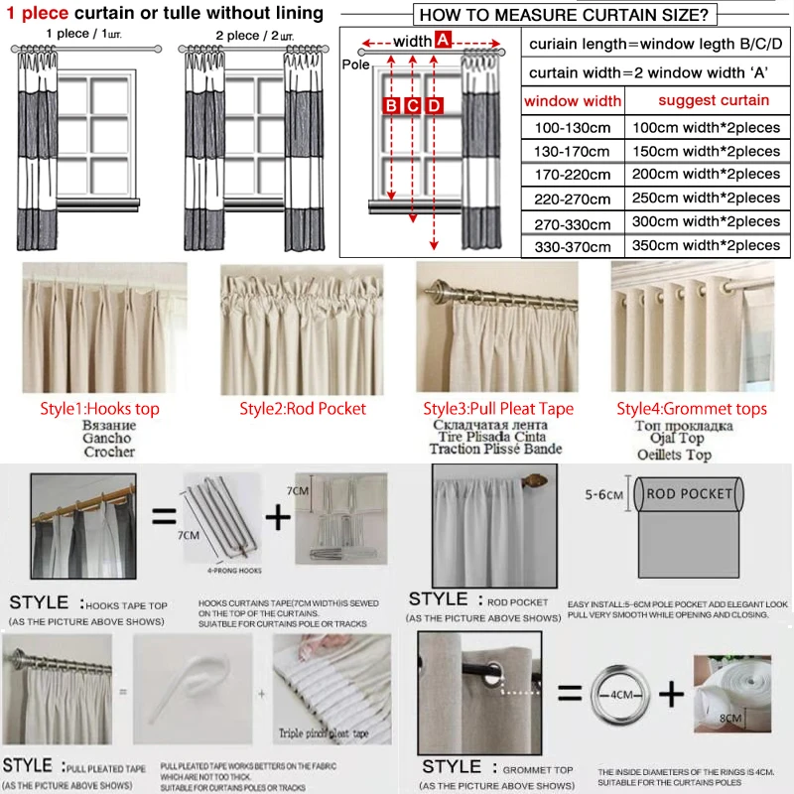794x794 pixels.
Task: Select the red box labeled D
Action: [x=435, y=106]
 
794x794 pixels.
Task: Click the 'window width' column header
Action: [x=573, y=101]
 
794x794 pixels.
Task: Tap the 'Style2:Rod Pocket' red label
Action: [x=303, y=408]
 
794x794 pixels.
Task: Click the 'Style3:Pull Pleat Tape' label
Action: [x=498, y=408]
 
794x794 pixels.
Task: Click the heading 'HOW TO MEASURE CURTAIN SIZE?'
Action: [x=563, y=15]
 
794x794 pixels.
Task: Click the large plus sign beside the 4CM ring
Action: [x=673, y=693]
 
